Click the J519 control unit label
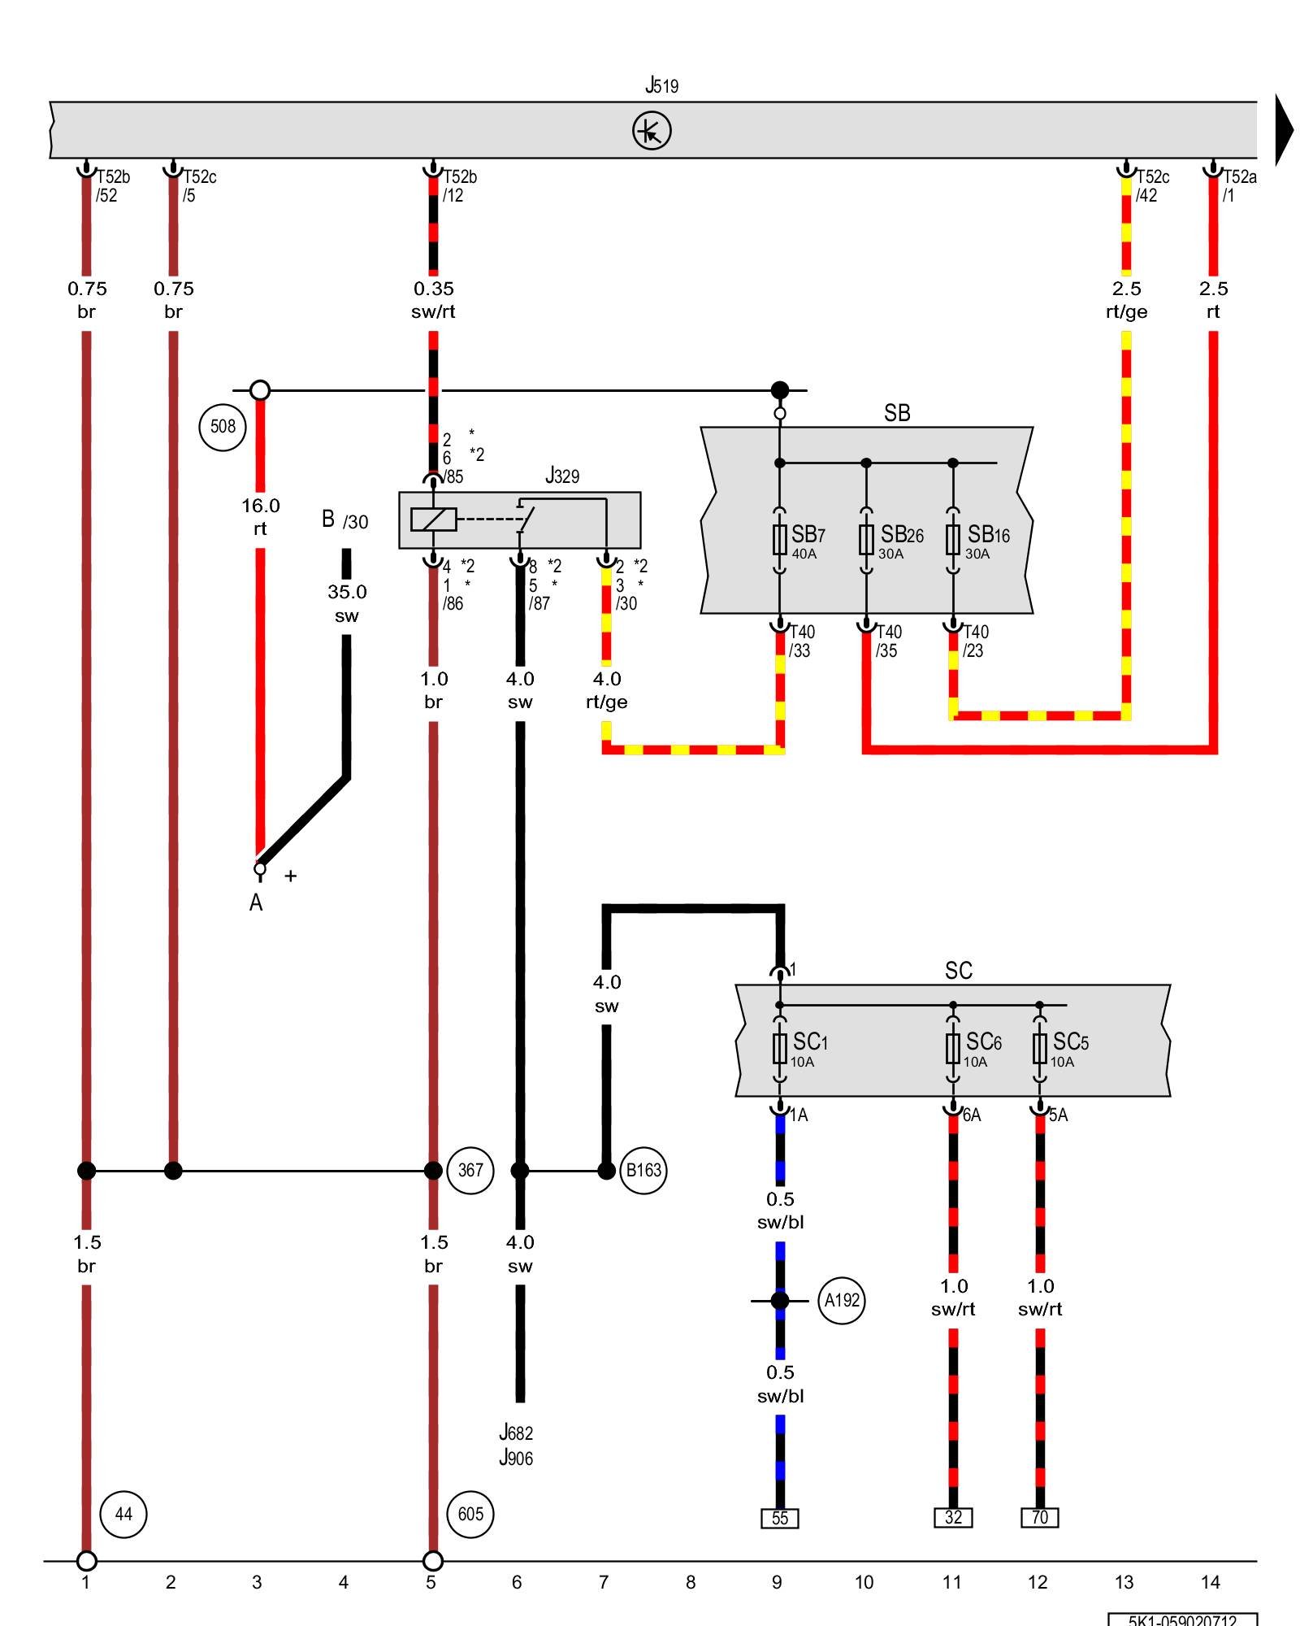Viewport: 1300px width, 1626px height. point(661,85)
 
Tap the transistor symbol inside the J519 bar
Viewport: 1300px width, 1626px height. point(652,131)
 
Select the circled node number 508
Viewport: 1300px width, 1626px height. point(223,426)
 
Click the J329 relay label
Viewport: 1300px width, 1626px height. point(562,476)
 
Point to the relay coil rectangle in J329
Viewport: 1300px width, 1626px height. point(433,519)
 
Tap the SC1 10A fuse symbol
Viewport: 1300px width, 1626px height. point(779,1049)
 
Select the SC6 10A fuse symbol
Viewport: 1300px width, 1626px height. point(953,1049)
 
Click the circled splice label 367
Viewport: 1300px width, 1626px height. point(470,1171)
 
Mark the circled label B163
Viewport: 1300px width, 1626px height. point(643,1171)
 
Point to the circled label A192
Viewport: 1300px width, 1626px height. point(842,1301)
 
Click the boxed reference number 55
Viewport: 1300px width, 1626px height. point(779,1518)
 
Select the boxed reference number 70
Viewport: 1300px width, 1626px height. point(1039,1517)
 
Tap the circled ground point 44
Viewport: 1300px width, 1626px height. point(123,1514)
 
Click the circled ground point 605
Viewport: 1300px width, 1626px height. point(470,1514)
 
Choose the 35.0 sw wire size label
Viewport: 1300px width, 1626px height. point(347,603)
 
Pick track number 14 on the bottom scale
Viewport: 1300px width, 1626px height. point(1210,1582)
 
